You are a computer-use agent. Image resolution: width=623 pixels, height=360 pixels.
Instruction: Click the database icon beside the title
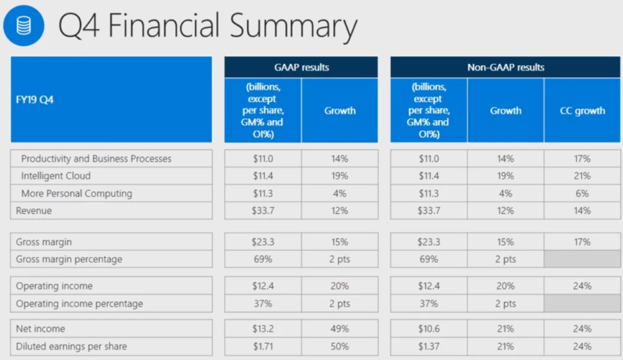(24, 26)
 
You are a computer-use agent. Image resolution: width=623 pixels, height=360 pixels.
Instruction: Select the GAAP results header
(301, 67)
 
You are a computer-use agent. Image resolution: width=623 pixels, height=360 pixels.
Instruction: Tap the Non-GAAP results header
(506, 67)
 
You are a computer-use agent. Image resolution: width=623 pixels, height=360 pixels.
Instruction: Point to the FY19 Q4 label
(35, 100)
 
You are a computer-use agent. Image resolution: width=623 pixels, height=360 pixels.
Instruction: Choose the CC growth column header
(582, 111)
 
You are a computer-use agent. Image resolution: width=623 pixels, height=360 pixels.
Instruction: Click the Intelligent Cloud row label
(55, 176)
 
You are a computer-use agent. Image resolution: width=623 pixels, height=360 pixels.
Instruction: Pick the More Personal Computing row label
(77, 193)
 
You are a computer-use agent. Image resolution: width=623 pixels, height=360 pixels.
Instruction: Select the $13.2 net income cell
(263, 329)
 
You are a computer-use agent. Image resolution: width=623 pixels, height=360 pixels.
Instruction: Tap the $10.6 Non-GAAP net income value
(429, 329)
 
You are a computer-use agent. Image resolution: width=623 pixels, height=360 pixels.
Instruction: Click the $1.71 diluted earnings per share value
(263, 347)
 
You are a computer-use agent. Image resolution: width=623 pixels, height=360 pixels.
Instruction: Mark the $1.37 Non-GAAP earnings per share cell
(429, 347)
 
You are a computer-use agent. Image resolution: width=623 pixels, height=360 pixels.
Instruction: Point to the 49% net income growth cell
(339, 329)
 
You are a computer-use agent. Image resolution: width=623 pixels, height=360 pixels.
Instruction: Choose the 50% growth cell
(339, 347)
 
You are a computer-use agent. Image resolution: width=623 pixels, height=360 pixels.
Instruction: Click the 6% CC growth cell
(582, 193)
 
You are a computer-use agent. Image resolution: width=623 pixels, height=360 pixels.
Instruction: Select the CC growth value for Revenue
(582, 211)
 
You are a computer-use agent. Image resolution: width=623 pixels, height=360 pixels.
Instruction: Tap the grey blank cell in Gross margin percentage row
(582, 259)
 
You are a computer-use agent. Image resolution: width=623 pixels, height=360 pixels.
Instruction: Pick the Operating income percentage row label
(79, 303)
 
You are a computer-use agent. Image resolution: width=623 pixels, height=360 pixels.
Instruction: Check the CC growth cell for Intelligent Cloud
(582, 176)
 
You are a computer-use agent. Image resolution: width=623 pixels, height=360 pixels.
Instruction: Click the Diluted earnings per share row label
(71, 347)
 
